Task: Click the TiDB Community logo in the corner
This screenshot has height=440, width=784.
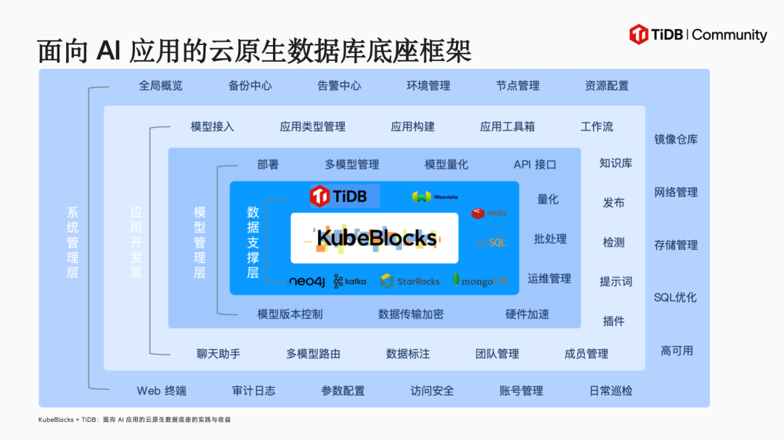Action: pyautogui.click(x=698, y=35)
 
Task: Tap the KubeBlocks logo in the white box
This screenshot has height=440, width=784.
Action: pyautogui.click(x=376, y=238)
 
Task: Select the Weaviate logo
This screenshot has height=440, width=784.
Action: pyautogui.click(x=435, y=196)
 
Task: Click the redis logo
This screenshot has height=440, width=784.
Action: pyautogui.click(x=489, y=213)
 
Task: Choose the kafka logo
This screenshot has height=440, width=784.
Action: pyautogui.click(x=350, y=282)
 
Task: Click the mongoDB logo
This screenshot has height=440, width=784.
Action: pyautogui.click(x=481, y=281)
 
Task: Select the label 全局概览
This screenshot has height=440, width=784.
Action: pyautogui.click(x=160, y=86)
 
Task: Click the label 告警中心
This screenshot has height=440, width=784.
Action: pyautogui.click(x=339, y=86)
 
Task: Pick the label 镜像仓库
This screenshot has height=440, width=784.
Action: pyautogui.click(x=676, y=139)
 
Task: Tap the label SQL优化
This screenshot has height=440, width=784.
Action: pyautogui.click(x=675, y=298)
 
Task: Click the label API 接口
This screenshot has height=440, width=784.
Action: pyautogui.click(x=535, y=165)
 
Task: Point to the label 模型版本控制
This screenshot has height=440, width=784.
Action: pyautogui.click(x=290, y=314)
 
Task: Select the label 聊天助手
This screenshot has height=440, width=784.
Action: pyautogui.click(x=219, y=354)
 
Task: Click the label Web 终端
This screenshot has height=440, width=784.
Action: pyautogui.click(x=162, y=391)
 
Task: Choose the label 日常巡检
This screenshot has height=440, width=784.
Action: pyautogui.click(x=611, y=391)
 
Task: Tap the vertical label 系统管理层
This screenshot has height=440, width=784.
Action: pyautogui.click(x=73, y=243)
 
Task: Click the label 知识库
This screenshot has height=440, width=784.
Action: pyautogui.click(x=616, y=163)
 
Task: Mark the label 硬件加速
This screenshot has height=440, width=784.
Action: pyautogui.click(x=528, y=314)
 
